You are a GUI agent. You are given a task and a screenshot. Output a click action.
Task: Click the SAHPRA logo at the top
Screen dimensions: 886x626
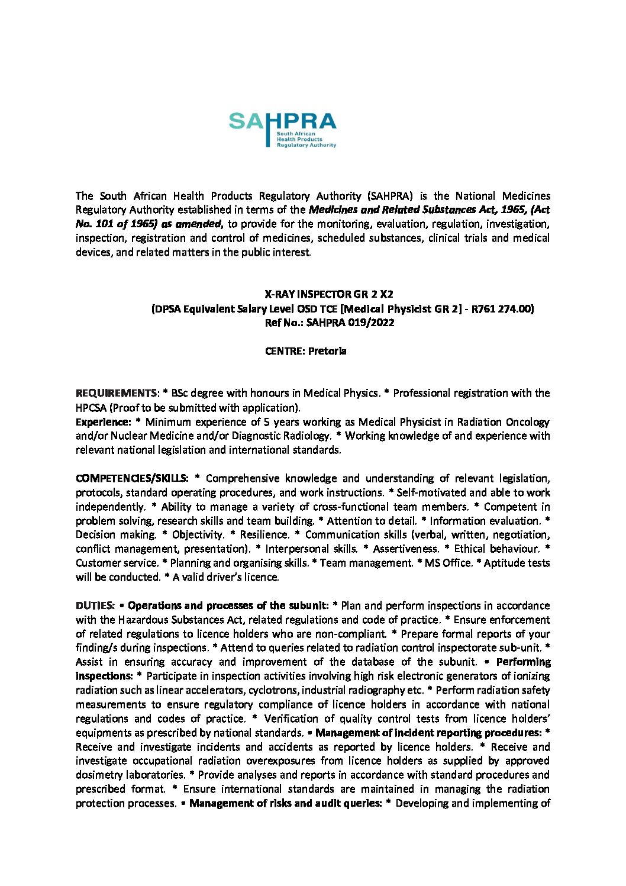(x=282, y=130)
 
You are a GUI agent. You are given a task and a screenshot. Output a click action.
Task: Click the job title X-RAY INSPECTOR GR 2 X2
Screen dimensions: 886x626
(x=328, y=294)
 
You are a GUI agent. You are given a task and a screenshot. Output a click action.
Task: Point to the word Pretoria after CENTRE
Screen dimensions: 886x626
(x=327, y=351)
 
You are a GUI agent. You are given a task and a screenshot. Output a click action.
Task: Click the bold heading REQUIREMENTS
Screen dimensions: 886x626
(x=117, y=393)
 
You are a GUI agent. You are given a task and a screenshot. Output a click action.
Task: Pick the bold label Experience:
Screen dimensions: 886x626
(x=103, y=422)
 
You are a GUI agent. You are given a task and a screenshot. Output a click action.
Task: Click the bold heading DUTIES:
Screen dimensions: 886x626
(x=95, y=605)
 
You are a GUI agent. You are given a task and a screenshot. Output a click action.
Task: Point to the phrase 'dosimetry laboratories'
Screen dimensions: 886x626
(x=130, y=775)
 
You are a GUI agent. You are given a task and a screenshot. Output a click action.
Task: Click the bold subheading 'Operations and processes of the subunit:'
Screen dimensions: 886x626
(x=228, y=605)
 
